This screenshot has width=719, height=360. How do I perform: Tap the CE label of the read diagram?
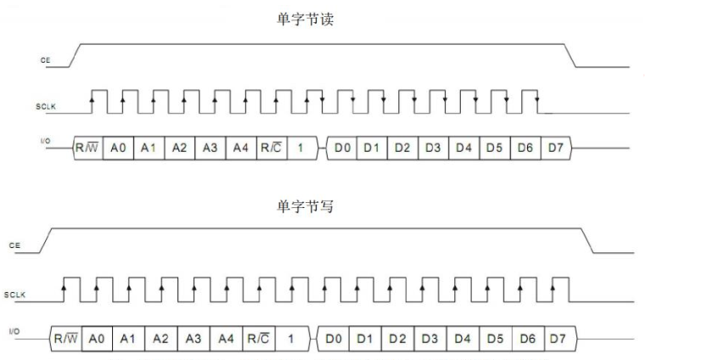click(44, 61)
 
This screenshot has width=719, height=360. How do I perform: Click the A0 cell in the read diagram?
click(118, 148)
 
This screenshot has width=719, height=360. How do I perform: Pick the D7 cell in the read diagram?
click(555, 148)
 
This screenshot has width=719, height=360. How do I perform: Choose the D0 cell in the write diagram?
click(334, 339)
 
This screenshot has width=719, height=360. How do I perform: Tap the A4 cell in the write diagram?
click(225, 339)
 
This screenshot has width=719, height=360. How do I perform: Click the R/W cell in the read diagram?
click(87, 148)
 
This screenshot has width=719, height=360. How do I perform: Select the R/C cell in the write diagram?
click(258, 339)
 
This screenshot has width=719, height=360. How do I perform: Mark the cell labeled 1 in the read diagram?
click(301, 148)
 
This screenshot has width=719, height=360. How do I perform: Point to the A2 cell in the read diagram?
click(179, 148)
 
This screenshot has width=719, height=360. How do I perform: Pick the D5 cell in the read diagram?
click(494, 148)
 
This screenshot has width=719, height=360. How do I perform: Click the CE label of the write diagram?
click(14, 245)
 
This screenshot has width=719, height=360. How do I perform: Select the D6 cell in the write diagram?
click(528, 339)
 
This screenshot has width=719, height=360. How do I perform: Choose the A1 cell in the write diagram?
click(128, 339)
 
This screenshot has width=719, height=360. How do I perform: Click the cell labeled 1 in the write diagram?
click(290, 339)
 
